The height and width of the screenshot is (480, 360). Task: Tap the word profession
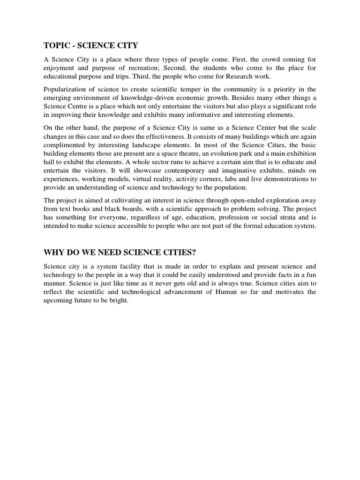[x=241, y=217]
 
